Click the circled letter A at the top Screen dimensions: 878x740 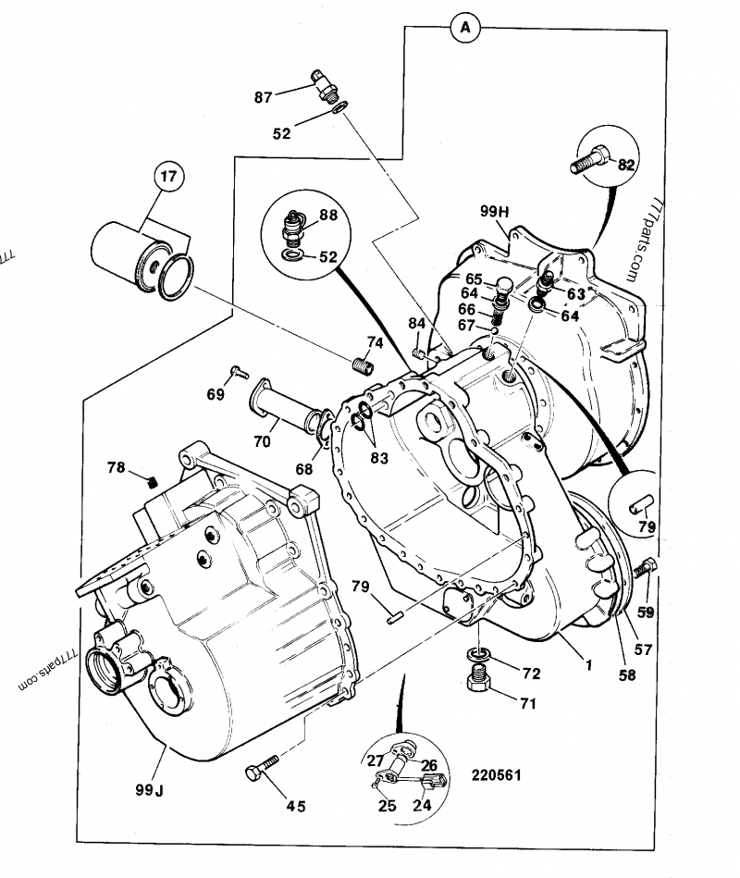465,29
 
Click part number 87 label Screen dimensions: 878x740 264,96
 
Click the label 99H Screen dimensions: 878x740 495,211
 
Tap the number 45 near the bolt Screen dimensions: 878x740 295,806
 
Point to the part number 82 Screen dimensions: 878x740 626,165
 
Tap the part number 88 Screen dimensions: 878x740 327,216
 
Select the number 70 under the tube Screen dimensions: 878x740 263,441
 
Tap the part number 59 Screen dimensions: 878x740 645,612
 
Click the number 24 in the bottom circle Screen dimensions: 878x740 422,805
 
